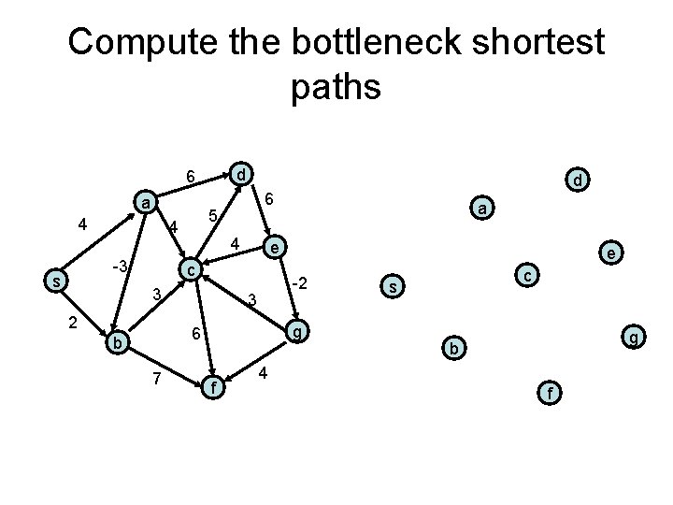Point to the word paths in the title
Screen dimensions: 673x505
(x=336, y=87)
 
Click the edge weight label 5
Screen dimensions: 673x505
(x=213, y=217)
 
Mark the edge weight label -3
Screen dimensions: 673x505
(x=119, y=267)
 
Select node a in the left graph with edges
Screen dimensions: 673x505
(x=145, y=202)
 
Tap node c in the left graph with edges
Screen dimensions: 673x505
(x=191, y=269)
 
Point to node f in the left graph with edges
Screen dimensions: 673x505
(x=215, y=384)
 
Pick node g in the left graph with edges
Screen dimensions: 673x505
(x=296, y=332)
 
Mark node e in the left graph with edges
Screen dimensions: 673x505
(x=273, y=247)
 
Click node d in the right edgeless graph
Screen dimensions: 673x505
(x=578, y=179)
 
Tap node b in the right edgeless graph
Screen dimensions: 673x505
(x=452, y=348)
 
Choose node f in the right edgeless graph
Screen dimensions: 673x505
(x=551, y=393)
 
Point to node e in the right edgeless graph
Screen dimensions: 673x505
(x=610, y=252)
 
